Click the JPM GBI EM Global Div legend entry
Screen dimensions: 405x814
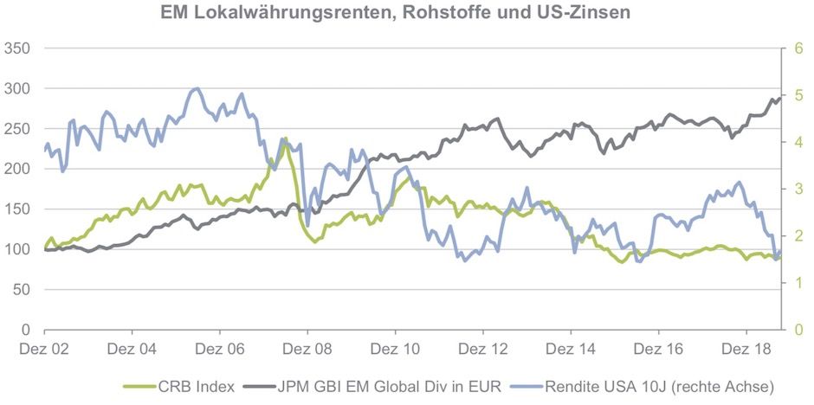388,386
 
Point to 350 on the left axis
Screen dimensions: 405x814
17,48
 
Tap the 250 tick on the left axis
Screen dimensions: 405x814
17,129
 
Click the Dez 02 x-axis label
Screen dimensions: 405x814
44,350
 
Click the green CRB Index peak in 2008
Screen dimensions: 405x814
284,138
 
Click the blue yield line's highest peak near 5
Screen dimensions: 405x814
197,88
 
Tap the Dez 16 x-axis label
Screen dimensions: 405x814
658,350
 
